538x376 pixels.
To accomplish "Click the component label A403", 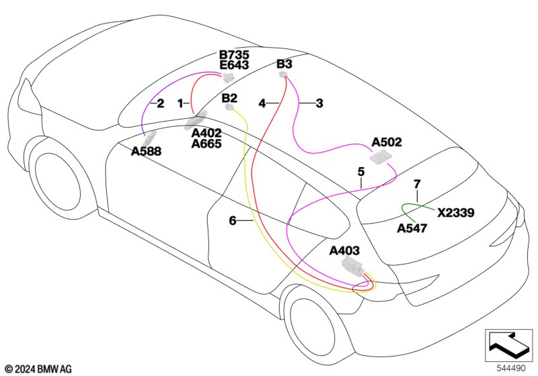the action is (x=344, y=250).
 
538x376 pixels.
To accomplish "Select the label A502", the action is (x=387, y=142).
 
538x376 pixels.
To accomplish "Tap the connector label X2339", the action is (x=456, y=213).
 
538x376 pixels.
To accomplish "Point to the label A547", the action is (x=412, y=228).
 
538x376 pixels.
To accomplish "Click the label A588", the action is (x=146, y=151).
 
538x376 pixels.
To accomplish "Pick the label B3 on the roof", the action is (x=284, y=64).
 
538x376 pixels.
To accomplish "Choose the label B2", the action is (x=229, y=98).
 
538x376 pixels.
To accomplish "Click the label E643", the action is (x=234, y=65).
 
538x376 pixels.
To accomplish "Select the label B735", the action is (x=234, y=55).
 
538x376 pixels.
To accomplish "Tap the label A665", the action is (x=206, y=144).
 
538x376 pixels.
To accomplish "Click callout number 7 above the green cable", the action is (x=417, y=184).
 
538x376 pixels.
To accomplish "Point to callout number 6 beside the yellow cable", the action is (x=233, y=221).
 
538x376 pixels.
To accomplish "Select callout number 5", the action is (x=361, y=172).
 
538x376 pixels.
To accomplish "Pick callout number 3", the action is (x=319, y=103).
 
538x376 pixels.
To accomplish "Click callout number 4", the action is (x=262, y=103).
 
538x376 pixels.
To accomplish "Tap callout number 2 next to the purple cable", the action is (x=160, y=103).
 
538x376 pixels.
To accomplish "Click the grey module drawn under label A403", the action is (x=352, y=267).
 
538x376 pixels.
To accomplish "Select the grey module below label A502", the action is (x=380, y=158).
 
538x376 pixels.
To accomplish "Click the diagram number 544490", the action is (x=511, y=368).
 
